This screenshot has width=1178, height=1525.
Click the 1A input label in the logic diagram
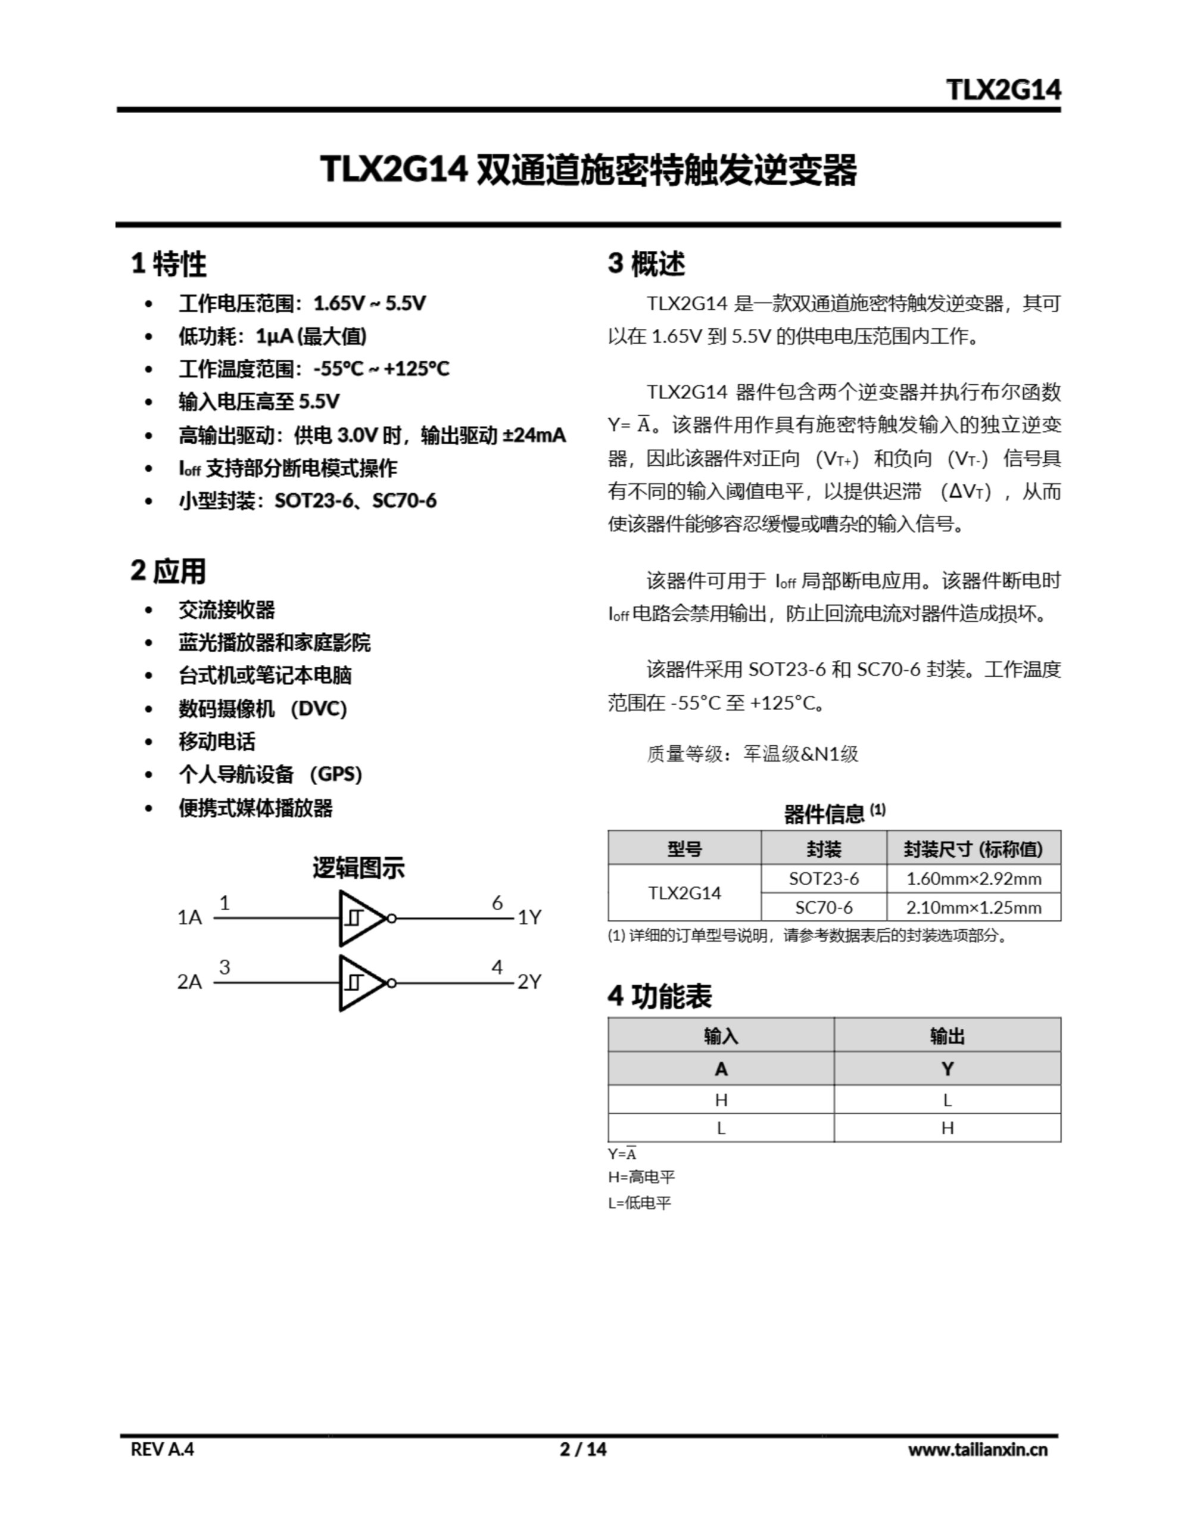pyautogui.click(x=189, y=917)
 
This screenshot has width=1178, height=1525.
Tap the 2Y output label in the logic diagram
pyautogui.click(x=529, y=982)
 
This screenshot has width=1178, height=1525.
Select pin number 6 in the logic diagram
pyautogui.click(x=497, y=903)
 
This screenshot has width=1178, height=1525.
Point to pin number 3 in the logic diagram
pyautogui.click(x=224, y=967)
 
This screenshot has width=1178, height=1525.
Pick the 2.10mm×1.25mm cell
pyautogui.click(x=973, y=907)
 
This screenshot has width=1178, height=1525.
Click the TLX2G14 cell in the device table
pyautogui.click(x=684, y=892)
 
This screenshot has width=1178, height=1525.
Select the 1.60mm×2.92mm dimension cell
pyautogui.click(x=973, y=879)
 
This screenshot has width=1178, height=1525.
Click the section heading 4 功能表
pyautogui.click(x=659, y=997)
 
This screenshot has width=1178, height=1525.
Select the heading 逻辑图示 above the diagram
pyautogui.click(x=358, y=868)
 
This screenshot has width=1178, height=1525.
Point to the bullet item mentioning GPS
pyautogui.click(x=270, y=774)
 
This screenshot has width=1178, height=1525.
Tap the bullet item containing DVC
pyautogui.click(x=263, y=709)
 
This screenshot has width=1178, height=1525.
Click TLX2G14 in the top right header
pyautogui.click(x=1004, y=89)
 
